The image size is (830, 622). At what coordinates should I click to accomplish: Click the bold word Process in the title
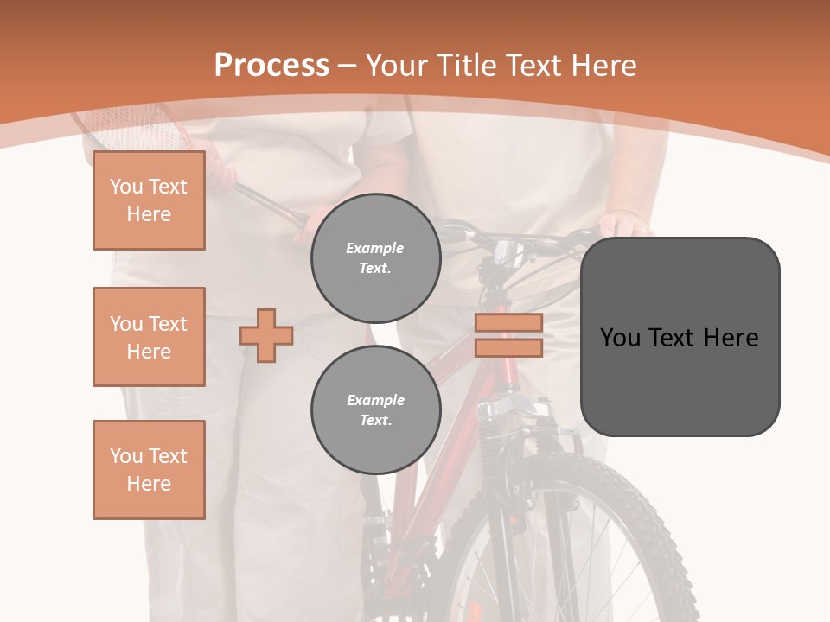[271, 66]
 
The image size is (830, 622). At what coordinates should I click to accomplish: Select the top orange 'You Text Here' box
[149, 200]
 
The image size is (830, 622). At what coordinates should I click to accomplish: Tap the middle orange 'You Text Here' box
[149, 337]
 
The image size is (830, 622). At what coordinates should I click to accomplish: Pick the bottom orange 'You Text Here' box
[149, 470]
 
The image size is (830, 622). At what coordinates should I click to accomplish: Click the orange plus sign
[266, 335]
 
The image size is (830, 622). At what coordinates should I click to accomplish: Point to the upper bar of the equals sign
[508, 323]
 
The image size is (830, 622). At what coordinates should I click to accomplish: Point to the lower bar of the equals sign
[508, 347]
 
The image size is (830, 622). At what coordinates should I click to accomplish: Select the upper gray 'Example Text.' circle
[375, 258]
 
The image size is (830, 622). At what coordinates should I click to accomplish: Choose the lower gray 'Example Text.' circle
[375, 410]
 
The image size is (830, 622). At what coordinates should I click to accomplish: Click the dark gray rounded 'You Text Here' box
[680, 337]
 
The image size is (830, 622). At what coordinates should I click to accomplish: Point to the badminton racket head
[138, 130]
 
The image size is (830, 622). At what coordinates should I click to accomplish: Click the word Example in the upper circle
[375, 249]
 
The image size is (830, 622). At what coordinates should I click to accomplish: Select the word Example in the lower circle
[375, 401]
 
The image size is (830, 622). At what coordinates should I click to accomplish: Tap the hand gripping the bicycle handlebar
[624, 225]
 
